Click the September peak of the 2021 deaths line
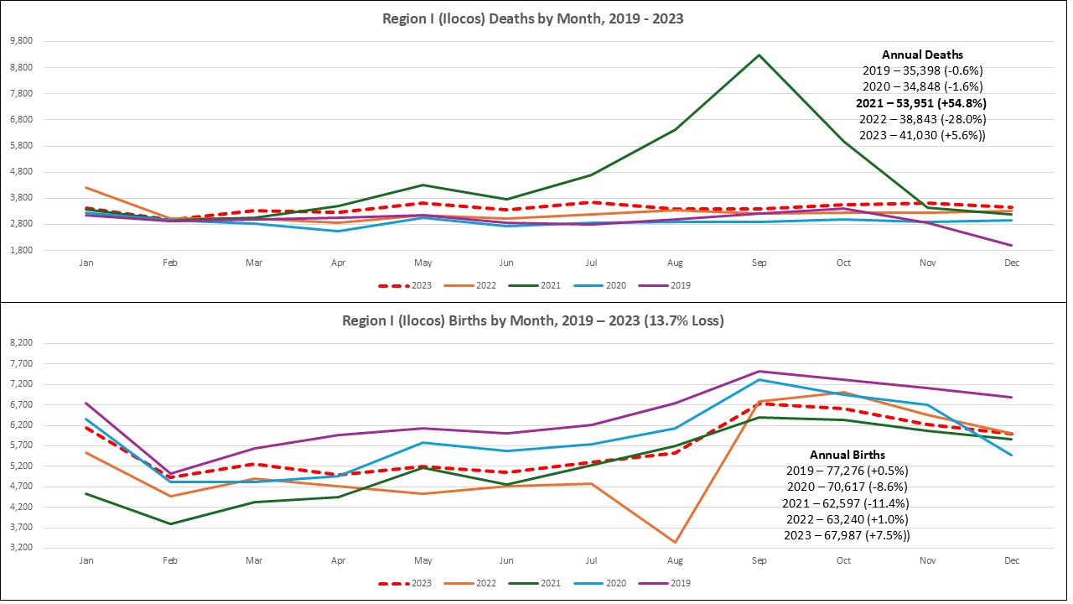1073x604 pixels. pos(759,55)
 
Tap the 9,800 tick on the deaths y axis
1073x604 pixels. pos(20,41)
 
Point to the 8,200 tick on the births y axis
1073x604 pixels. pos(20,343)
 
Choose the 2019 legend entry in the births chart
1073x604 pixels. pos(674,583)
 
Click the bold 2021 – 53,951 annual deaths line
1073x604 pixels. pos(922,103)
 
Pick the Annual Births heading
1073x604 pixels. pos(847,455)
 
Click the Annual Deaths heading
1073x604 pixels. pos(922,55)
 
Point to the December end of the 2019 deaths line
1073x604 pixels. pos(1012,246)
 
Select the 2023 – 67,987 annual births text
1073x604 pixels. pos(847,535)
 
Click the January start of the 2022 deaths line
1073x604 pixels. pos(86,188)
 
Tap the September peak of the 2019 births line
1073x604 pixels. pos(759,372)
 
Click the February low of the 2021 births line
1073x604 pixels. pos(170,524)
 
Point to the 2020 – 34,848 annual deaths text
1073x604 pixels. pos(922,87)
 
